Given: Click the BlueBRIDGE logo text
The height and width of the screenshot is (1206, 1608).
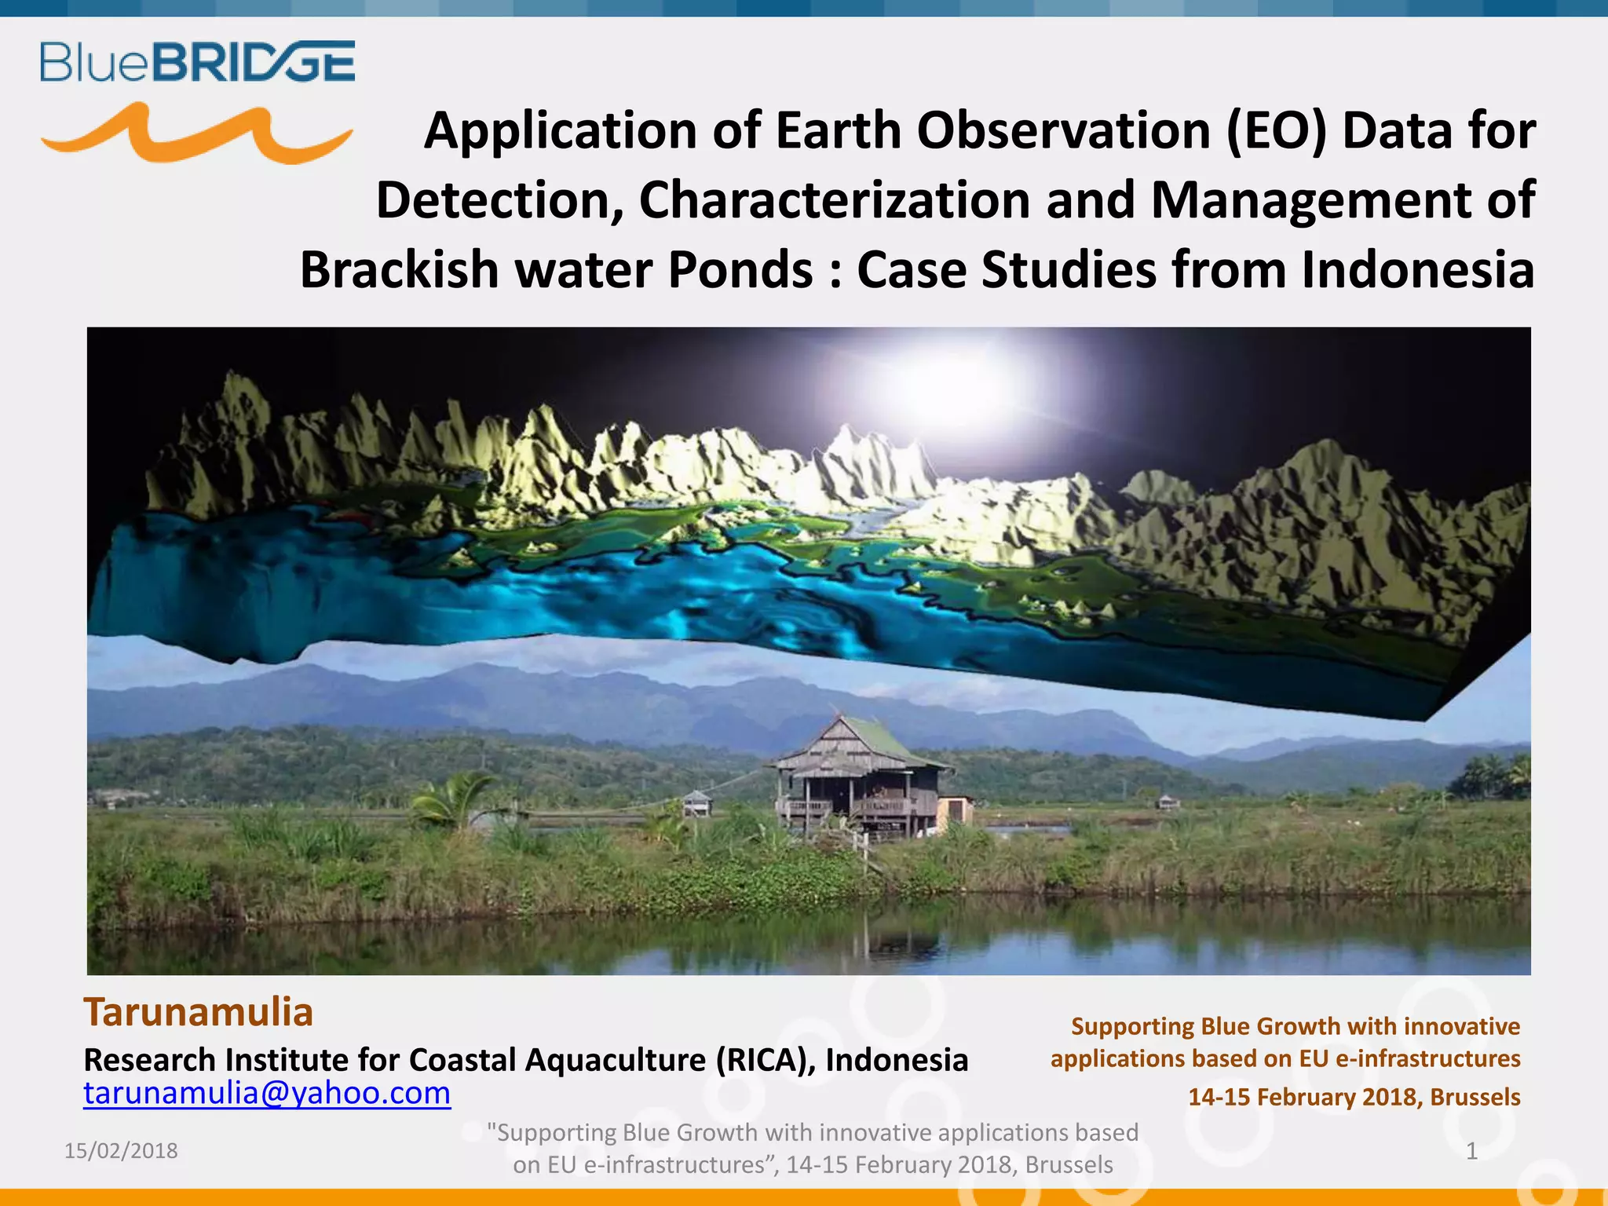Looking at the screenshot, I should [x=198, y=62].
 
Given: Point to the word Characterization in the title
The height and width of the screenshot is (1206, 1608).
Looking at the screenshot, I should [x=834, y=200].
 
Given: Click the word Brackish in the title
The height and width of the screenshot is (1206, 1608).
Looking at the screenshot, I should [x=400, y=270].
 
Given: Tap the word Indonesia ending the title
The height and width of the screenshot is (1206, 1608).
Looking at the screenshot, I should [x=1416, y=270].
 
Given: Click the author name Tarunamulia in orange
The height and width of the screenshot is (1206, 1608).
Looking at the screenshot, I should [x=199, y=1012].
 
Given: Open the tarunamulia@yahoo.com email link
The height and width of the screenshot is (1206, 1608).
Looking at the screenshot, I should [x=267, y=1093].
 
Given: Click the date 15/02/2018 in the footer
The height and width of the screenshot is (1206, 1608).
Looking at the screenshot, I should [x=121, y=1151].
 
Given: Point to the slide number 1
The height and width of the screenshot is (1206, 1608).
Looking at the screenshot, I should [x=1471, y=1151].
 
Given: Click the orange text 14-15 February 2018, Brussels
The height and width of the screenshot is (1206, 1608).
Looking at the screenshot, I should [x=1354, y=1097].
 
